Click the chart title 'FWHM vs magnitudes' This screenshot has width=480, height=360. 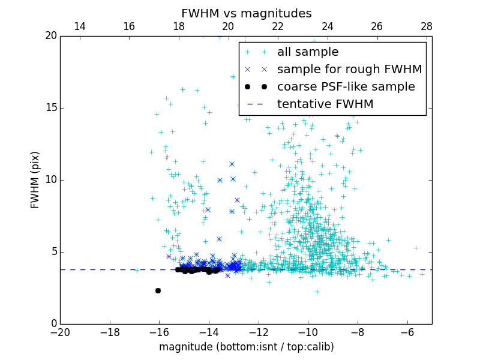pyautogui.click(x=246, y=13)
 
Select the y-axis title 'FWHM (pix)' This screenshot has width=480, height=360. pyautogui.click(x=35, y=179)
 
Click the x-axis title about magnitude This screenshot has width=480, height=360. pyautogui.click(x=246, y=347)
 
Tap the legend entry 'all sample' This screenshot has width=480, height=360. pyautogui.click(x=307, y=52)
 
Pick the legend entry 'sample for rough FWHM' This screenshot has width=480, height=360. pyautogui.click(x=349, y=70)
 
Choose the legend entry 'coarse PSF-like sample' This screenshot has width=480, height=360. pyautogui.click(x=346, y=87)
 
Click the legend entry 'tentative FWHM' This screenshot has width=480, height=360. pyautogui.click(x=325, y=104)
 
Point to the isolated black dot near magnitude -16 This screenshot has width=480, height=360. pyautogui.click(x=158, y=290)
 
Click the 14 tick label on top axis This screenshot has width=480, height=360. pyautogui.click(x=79, y=26)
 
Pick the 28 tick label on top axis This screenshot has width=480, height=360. pyautogui.click(x=427, y=26)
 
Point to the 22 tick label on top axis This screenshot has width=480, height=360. pyautogui.click(x=278, y=26)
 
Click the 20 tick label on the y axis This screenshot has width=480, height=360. pyautogui.click(x=50, y=36)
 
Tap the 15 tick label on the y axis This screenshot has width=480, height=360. pyautogui.click(x=50, y=108)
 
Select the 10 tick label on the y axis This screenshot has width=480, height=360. pyautogui.click(x=50, y=180)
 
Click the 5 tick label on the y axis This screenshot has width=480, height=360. pyautogui.click(x=53, y=252)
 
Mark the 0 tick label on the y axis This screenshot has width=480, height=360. pyautogui.click(x=53, y=324)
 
